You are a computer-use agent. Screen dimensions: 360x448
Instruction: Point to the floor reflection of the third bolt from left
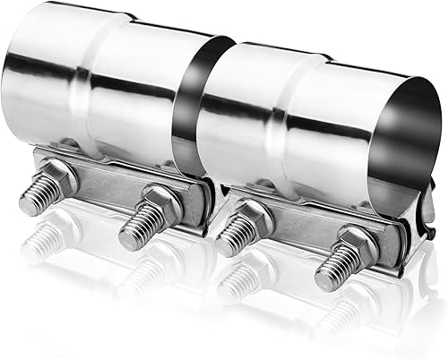pos(235,282)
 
